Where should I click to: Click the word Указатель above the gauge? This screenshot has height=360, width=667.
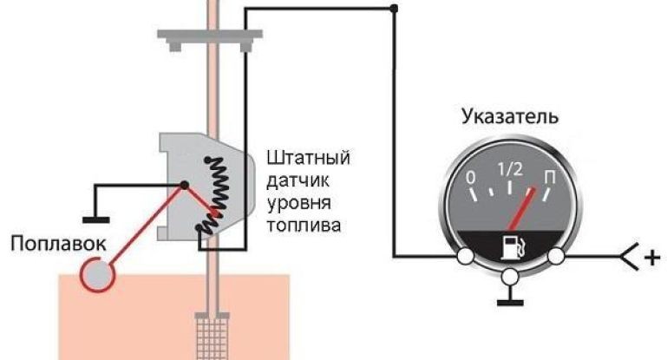(510, 117)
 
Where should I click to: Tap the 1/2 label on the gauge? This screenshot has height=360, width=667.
(510, 168)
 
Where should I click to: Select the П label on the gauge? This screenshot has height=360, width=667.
(549, 179)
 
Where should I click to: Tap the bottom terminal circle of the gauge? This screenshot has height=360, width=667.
(511, 278)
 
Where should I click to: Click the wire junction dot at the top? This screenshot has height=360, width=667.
(395, 10)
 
